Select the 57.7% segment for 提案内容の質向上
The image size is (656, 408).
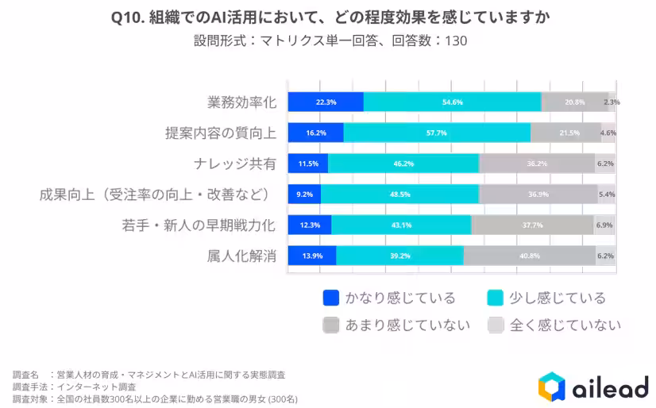(437, 133)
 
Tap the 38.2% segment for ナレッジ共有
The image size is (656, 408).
(537, 164)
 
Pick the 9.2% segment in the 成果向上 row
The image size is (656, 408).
(304, 194)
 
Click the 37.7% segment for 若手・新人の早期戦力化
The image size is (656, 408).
(532, 225)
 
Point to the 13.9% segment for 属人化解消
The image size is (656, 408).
(311, 256)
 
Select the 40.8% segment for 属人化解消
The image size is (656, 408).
(530, 256)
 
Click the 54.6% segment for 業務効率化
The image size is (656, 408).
(452, 102)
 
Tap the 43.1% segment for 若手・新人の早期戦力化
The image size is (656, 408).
(401, 225)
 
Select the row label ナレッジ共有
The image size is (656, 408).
(234, 164)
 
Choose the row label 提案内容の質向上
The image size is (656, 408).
(220, 133)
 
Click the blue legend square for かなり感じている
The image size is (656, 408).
(331, 298)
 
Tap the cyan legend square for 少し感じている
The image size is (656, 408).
(495, 298)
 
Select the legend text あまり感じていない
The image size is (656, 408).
(407, 325)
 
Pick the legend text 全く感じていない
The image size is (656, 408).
(565, 325)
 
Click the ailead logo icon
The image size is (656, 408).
(550, 387)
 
